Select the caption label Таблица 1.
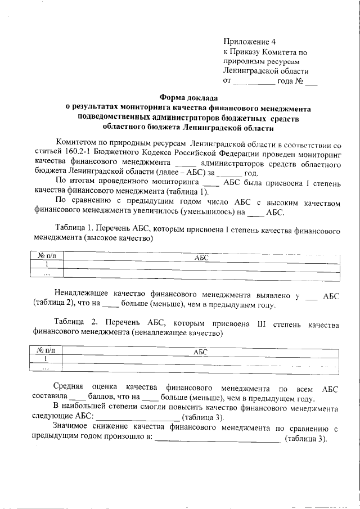coord(74,230)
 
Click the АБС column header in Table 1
coord(201,256)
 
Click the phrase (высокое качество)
coord(118,239)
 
